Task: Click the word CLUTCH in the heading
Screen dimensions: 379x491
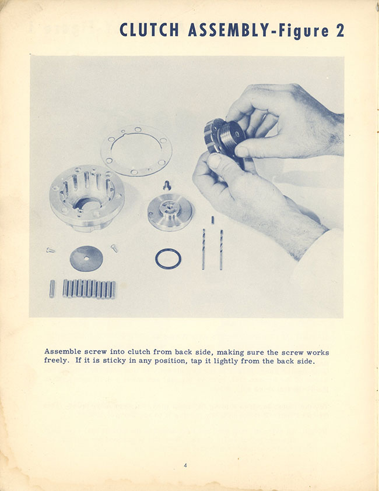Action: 149,30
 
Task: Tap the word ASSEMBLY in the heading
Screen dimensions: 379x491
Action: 229,30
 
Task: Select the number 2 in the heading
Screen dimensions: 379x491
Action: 340,31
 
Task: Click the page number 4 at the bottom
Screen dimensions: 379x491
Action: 185,465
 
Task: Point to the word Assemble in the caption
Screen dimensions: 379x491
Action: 63,352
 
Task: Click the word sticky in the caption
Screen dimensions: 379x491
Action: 114,361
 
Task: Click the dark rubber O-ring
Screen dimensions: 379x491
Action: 168,259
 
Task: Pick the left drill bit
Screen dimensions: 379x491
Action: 203,249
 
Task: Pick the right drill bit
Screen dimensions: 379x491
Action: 221,249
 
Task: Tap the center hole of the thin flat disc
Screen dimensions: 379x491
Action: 86,259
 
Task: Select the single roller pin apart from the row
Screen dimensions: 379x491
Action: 52,288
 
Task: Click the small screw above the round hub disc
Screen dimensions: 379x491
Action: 167,186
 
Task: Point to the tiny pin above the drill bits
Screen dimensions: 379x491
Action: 213,220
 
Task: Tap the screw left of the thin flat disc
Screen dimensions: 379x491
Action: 51,250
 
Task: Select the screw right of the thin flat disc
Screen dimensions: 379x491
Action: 114,248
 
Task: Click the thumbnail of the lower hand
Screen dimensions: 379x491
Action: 215,161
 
